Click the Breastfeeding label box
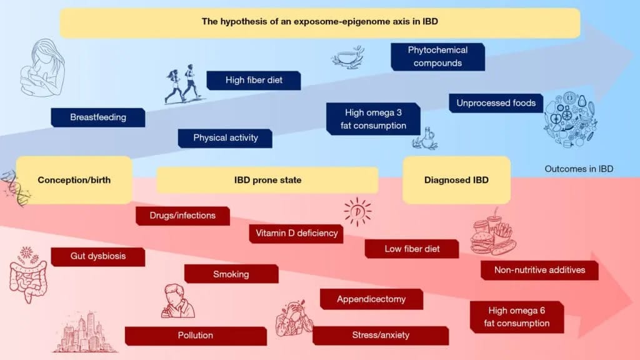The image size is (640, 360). (98, 117)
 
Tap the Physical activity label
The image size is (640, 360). (225, 138)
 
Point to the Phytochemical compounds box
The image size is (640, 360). (437, 56)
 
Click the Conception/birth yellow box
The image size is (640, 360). (74, 180)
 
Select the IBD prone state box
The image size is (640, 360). (267, 180)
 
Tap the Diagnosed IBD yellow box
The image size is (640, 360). (456, 180)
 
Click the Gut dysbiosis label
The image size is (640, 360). (97, 257)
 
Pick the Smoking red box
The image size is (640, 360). (231, 274)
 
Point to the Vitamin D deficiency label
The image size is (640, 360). (296, 233)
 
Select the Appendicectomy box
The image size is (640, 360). (371, 299)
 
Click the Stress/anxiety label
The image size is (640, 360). (380, 335)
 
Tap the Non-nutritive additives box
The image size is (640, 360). (539, 270)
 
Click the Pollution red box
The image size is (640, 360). (195, 336)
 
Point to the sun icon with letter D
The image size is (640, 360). (357, 211)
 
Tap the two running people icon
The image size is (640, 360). (182, 86)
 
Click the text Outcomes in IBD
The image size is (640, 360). (579, 169)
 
